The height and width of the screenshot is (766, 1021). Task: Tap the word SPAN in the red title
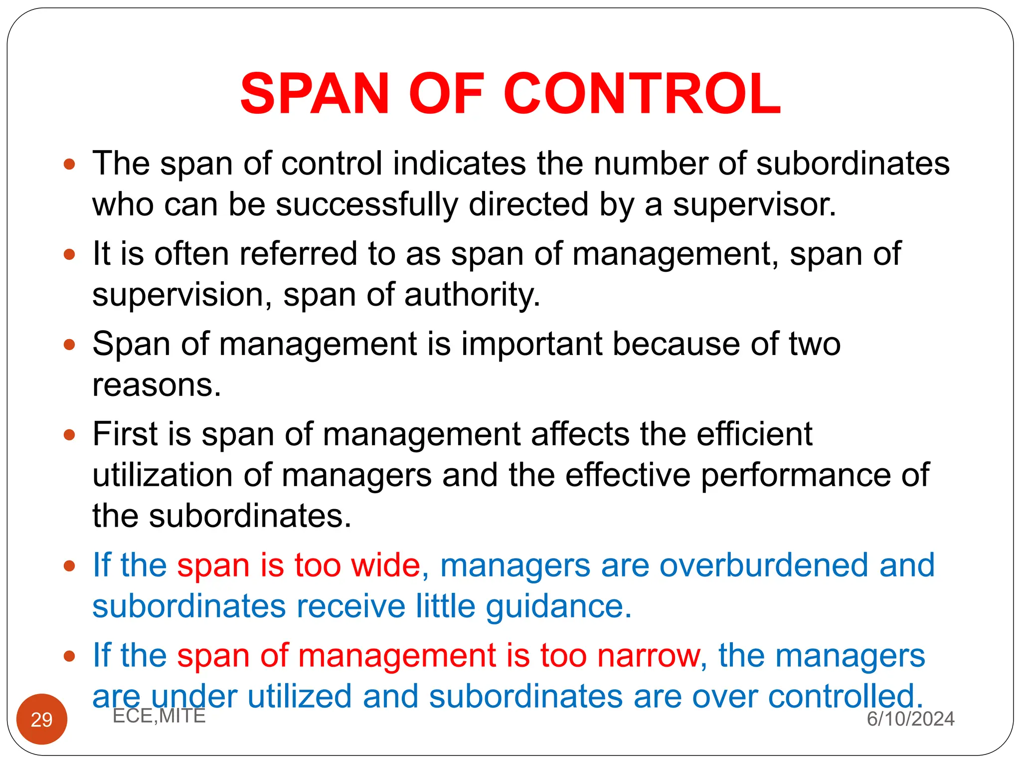(314, 94)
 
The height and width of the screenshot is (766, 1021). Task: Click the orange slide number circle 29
(42, 719)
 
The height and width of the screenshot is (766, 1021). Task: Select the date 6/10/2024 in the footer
(910, 719)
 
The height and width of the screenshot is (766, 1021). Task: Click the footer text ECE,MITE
(159, 716)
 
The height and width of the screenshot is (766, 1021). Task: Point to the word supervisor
(754, 204)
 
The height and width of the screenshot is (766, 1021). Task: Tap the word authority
(472, 295)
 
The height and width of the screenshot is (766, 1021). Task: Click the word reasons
(157, 385)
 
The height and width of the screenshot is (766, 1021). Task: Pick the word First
(125, 434)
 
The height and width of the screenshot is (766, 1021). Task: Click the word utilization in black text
(163, 475)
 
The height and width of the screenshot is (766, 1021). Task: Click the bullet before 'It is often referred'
(69, 254)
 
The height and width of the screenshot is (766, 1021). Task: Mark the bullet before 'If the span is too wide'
(69, 566)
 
